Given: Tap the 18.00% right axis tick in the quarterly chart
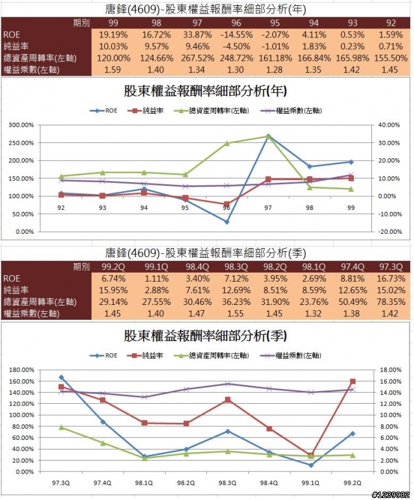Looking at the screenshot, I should pyautogui.click(x=387, y=370).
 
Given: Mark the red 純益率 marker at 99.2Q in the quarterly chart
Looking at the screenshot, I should pyautogui.click(x=353, y=382).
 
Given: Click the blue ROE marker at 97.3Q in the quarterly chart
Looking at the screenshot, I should pyautogui.click(x=61, y=377).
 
